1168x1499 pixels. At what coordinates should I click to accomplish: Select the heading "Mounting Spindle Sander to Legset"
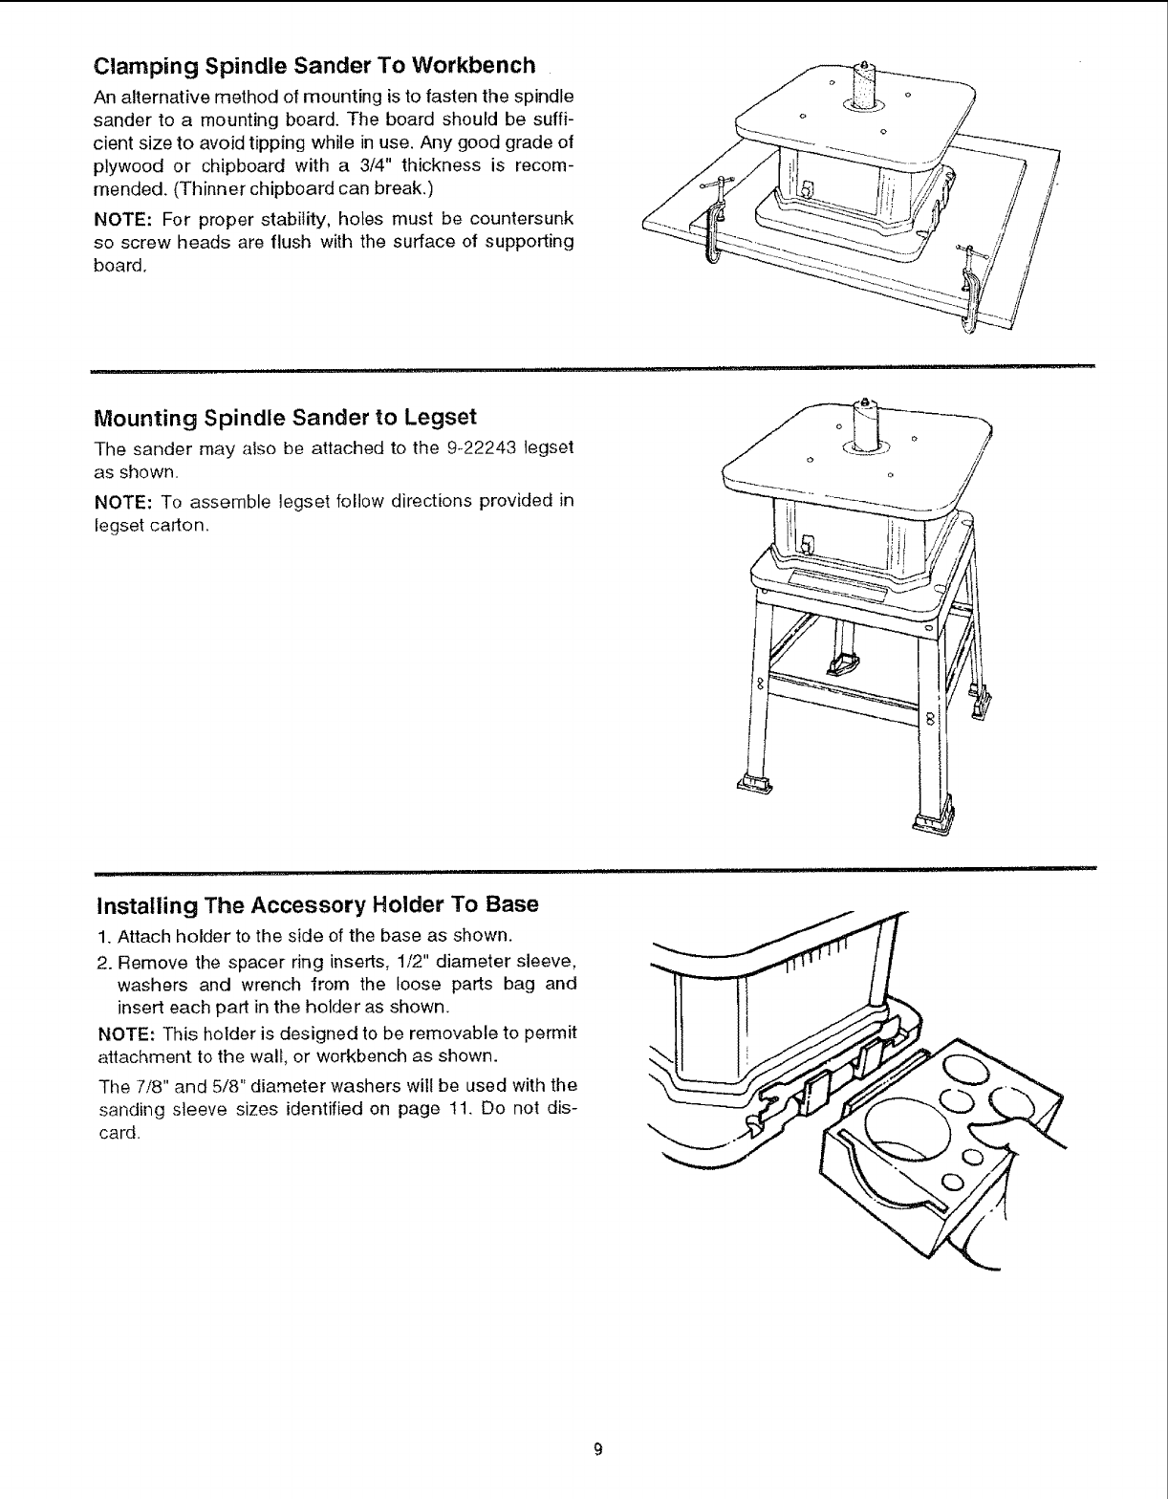[285, 418]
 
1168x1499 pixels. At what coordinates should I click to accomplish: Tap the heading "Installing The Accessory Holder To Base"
[316, 904]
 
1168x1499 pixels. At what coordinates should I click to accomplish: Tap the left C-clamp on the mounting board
[711, 221]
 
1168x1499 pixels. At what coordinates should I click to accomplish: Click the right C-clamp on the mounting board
[972, 292]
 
